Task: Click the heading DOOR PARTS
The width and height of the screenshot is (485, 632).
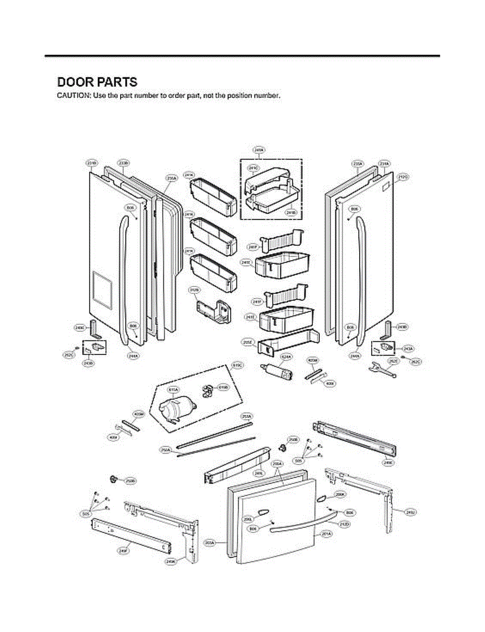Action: (97, 82)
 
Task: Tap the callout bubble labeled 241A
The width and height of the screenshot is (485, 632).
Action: (259, 150)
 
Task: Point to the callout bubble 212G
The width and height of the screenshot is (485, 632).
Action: (403, 177)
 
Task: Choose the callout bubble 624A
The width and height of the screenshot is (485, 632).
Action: (286, 357)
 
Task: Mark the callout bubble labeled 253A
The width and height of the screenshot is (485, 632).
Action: (246, 416)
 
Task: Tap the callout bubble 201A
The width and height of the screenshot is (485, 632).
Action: (326, 534)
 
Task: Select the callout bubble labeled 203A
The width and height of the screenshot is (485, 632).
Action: (210, 542)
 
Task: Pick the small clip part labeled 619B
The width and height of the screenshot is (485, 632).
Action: (207, 390)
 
